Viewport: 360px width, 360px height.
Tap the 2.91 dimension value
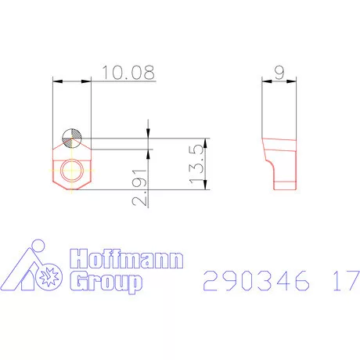[x=142, y=189]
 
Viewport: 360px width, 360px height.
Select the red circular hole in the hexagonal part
[x=71, y=170]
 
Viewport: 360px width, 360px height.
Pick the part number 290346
[x=250, y=280]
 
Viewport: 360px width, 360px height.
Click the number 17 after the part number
[x=341, y=280]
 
